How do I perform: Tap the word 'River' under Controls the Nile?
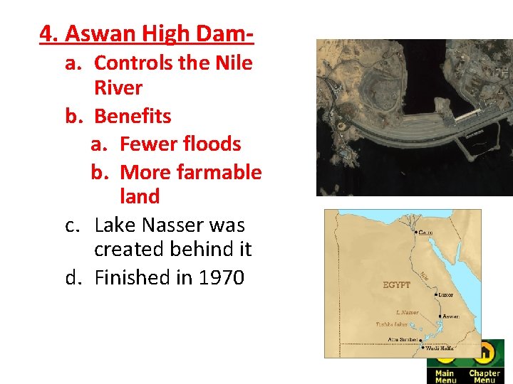pyautogui.click(x=118, y=88)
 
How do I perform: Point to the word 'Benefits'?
pyautogui.click(x=133, y=116)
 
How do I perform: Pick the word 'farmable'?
pyautogui.click(x=219, y=172)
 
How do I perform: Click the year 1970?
pyautogui.click(x=219, y=277)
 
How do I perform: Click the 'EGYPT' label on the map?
pyautogui.click(x=397, y=284)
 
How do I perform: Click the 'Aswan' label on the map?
pyautogui.click(x=451, y=316)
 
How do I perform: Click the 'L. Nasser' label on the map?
pyautogui.click(x=408, y=312)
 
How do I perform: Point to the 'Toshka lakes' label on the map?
pyautogui.click(x=393, y=324)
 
